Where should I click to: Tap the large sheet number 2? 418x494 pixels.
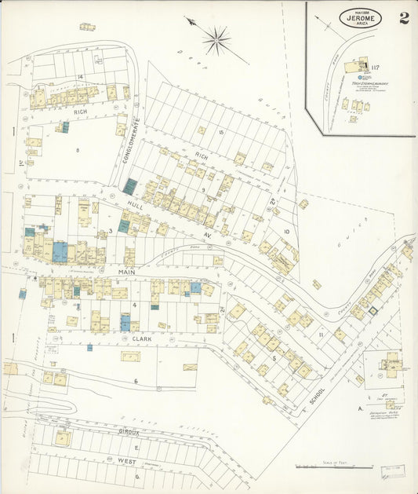404,18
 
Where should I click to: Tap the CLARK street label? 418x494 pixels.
141,338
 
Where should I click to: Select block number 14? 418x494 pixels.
80,76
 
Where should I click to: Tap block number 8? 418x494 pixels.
78,148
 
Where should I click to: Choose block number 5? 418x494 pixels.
273,357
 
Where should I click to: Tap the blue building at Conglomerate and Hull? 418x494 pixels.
129,186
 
